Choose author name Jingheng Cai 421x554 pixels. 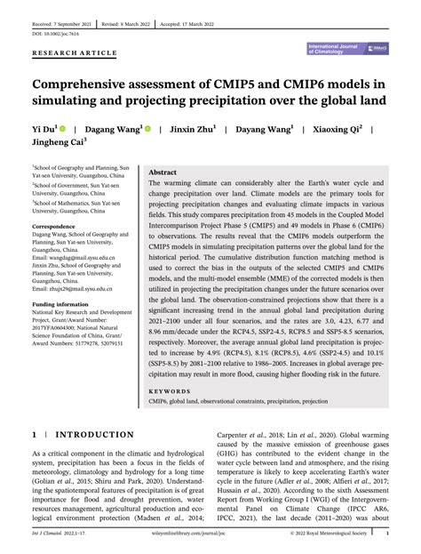click(x=60, y=143)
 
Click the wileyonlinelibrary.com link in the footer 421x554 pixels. click(x=210, y=534)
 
